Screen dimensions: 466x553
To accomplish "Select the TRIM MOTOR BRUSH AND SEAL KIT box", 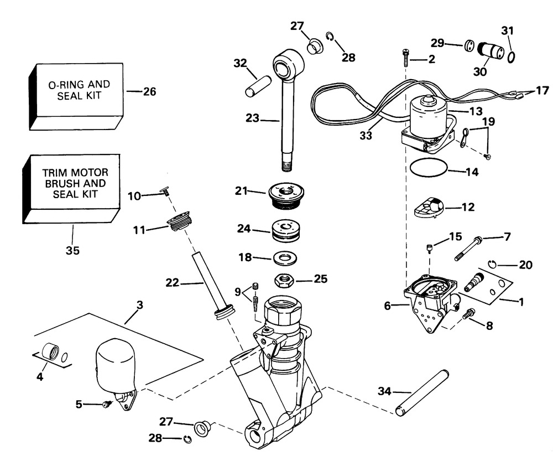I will pos(72,183).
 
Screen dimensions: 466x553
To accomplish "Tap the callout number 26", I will pos(149,91).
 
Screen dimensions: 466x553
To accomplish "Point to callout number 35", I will pos(72,251).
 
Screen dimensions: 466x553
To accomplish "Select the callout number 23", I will pos(253,118).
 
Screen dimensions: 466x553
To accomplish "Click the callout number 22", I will pos(171,283).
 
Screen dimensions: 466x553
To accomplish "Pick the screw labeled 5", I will pos(106,405).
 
